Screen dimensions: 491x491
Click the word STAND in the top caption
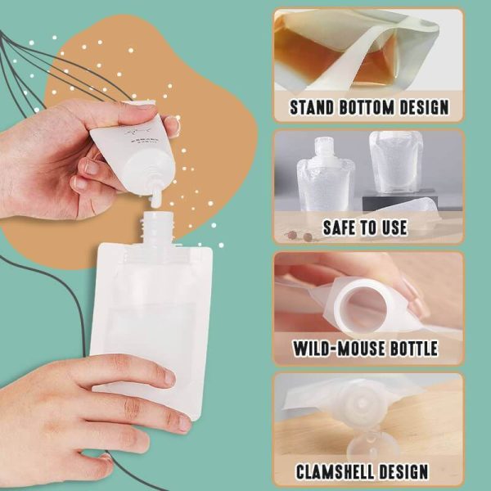click(312, 107)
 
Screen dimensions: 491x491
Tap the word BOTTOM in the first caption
click(369, 107)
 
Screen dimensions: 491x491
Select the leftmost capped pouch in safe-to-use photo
click(326, 176)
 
